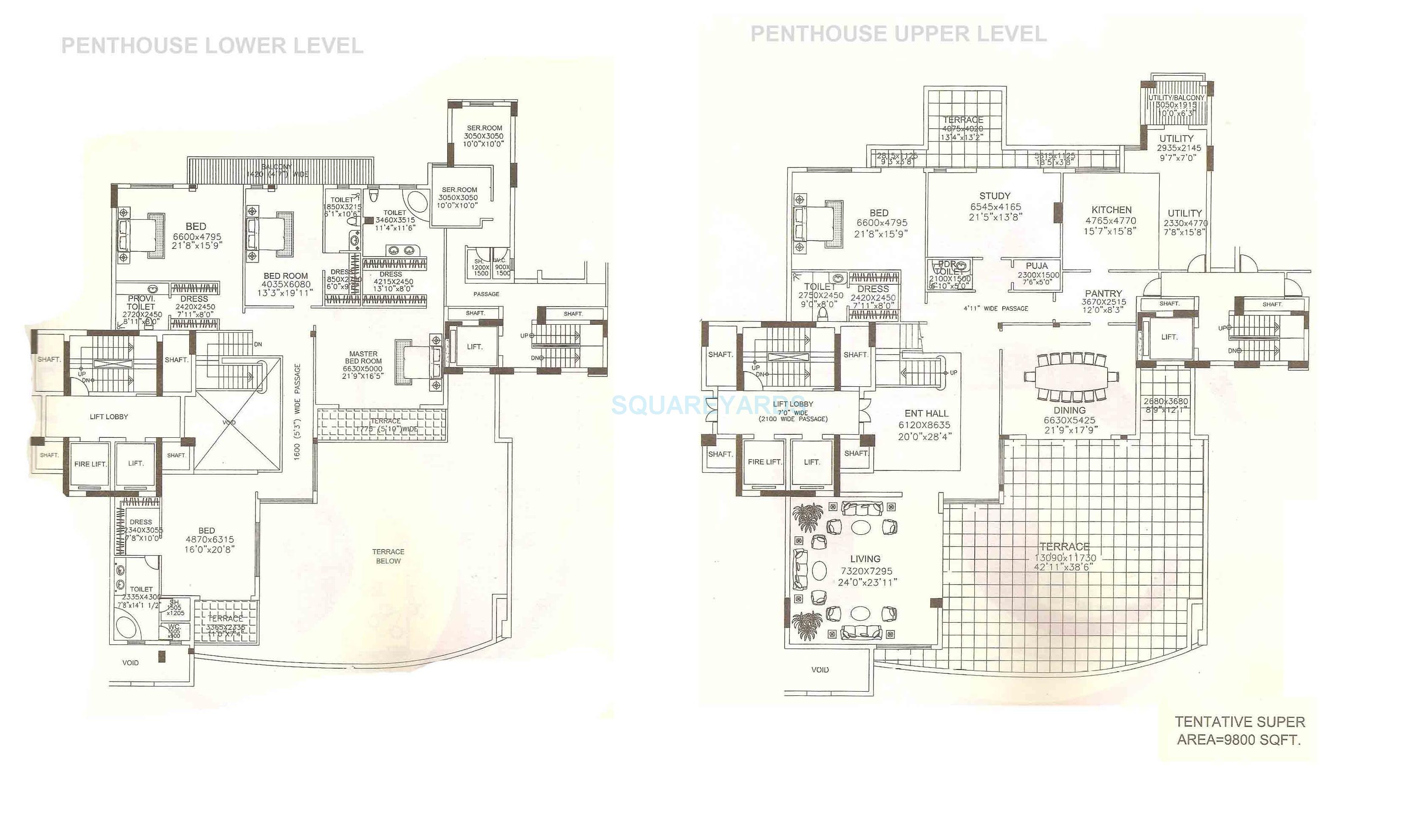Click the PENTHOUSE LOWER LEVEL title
212,45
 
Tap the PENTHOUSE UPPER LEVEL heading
898,34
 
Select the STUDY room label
994,196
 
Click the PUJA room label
1036,266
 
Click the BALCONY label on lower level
277,167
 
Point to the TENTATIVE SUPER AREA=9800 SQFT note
1239,731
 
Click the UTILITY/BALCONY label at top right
1176,98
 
